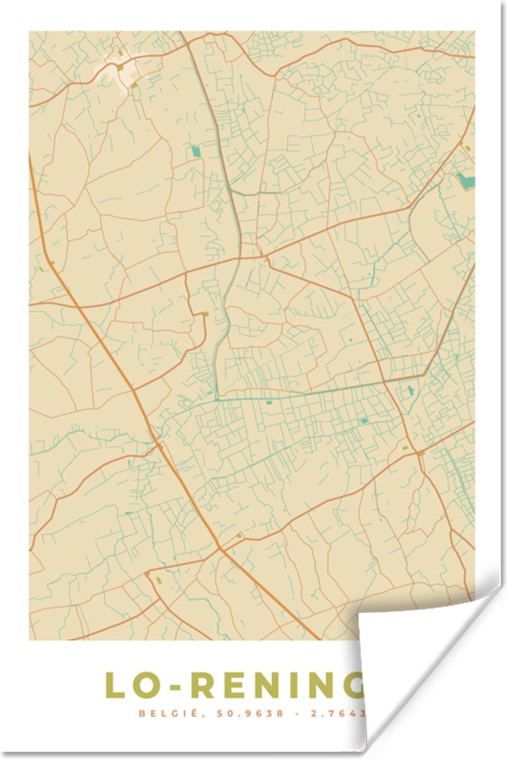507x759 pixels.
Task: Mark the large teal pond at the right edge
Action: [x=465, y=181]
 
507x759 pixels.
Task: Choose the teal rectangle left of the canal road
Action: [x=195, y=151]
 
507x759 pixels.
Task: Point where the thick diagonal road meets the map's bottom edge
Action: [x=319, y=638]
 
